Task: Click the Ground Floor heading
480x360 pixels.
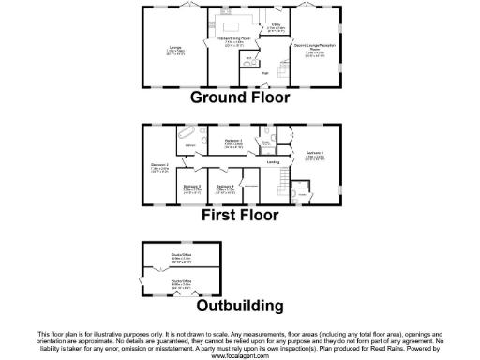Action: click(240, 97)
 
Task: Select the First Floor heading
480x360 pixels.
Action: click(240, 215)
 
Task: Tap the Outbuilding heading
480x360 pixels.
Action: click(240, 306)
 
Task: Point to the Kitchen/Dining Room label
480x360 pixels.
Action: click(240, 38)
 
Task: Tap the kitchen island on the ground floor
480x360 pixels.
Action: click(240, 22)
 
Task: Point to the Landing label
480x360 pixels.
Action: click(274, 163)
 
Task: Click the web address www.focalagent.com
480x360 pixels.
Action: click(240, 355)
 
